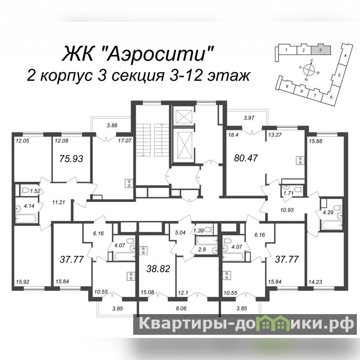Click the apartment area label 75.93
[x=71, y=159]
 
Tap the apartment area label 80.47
[x=246, y=158]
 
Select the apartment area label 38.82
[x=158, y=268]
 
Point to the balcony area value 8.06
[x=181, y=308]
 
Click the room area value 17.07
[x=125, y=140]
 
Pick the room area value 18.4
[x=233, y=135]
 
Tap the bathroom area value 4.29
[x=328, y=212]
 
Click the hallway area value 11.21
[x=58, y=202]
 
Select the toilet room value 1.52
[x=35, y=191]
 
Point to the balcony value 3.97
[x=249, y=118]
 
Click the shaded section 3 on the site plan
[x=321, y=50]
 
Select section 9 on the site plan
[x=287, y=86]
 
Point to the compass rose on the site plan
[x=309, y=69]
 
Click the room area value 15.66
[x=315, y=141]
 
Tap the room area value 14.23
[x=315, y=282]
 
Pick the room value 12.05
[x=22, y=141]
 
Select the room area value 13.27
[x=275, y=135]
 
